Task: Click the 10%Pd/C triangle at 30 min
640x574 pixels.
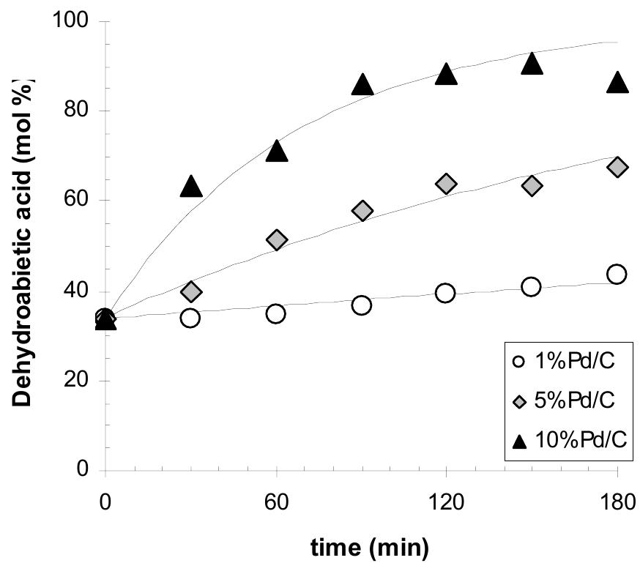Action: click(191, 187)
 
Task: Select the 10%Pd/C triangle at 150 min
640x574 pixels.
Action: click(532, 64)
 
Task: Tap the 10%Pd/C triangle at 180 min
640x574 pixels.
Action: click(617, 83)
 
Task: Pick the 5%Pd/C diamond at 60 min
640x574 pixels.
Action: click(277, 239)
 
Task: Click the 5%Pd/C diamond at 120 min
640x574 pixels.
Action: click(447, 184)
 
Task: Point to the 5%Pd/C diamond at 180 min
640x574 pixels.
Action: click(617, 167)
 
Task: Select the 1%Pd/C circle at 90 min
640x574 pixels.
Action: click(362, 305)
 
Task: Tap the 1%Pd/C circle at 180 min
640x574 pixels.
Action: click(617, 274)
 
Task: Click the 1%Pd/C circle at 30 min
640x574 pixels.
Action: click(191, 318)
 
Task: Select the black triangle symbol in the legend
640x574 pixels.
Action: click(519, 441)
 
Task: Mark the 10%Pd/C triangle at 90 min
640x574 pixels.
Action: click(362, 86)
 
